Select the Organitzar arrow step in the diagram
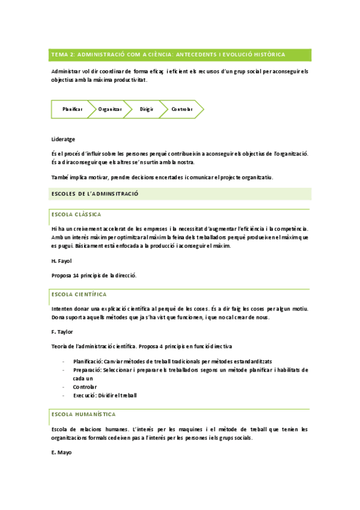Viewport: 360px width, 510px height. (110, 109)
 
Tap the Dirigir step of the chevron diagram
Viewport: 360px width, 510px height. (147, 109)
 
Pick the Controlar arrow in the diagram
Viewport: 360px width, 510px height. (182, 109)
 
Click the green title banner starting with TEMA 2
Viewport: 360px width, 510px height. (180, 55)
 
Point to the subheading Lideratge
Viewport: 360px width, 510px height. (63, 139)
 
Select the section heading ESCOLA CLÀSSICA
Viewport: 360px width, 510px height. (76, 214)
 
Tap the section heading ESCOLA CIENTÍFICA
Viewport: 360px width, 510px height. (79, 295)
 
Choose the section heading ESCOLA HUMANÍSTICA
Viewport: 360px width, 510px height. (84, 414)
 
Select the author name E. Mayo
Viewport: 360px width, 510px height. (62, 452)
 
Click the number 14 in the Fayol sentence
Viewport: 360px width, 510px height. (76, 275)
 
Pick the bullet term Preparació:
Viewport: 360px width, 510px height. (87, 370)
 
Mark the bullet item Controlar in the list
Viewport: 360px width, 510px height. (85, 387)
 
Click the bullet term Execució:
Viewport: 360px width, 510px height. (85, 395)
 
